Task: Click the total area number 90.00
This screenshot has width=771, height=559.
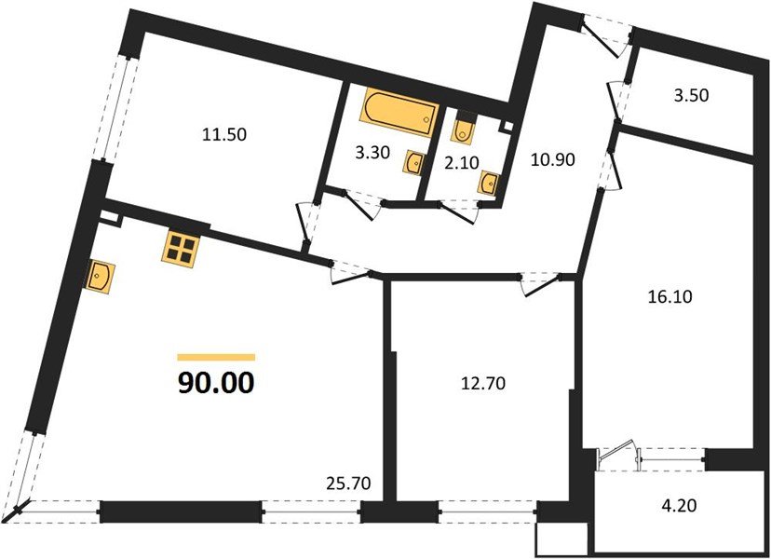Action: tap(215, 382)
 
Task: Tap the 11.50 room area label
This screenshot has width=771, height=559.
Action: tap(224, 134)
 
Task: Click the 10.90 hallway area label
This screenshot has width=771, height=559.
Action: tap(553, 159)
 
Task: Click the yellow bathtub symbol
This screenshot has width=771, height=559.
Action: tap(398, 109)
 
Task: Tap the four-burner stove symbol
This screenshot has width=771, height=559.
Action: tap(181, 247)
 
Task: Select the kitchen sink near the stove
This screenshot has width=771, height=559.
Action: tap(101, 277)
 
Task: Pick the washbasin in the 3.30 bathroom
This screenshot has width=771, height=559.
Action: tap(413, 164)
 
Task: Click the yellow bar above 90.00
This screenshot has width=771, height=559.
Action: tap(215, 357)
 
